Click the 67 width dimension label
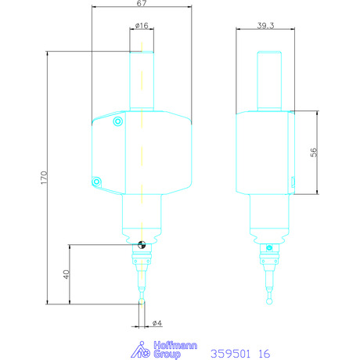(x=142, y=3)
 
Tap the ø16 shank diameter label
(x=142, y=26)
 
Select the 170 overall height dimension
(x=44, y=178)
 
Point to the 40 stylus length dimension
(x=67, y=274)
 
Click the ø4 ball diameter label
(x=157, y=323)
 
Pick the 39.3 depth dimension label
(x=265, y=26)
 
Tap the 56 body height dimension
(x=314, y=152)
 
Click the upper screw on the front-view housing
(x=118, y=121)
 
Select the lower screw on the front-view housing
(x=96, y=182)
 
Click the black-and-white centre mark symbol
(x=142, y=245)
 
